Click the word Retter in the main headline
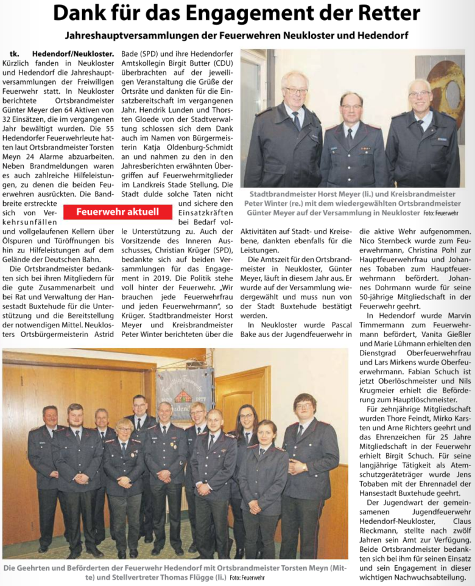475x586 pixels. click(x=385, y=13)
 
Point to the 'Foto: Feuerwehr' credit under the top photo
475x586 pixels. click(x=440, y=213)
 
